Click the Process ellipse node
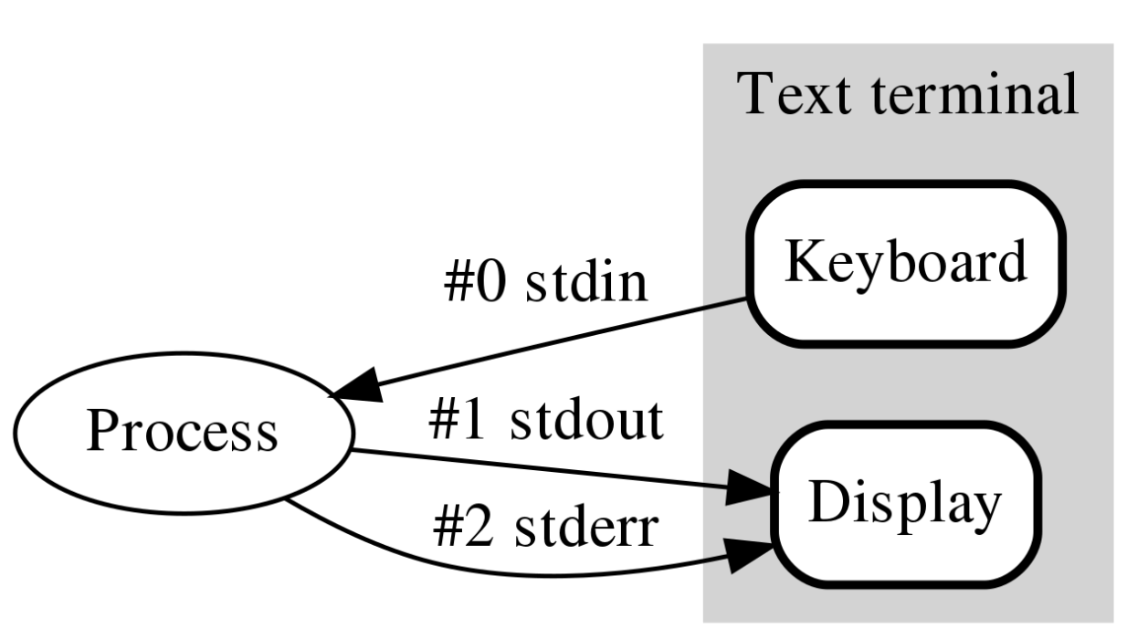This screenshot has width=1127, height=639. coord(182,432)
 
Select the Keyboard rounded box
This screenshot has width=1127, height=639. coord(905,263)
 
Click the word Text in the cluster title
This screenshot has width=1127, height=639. coord(781,94)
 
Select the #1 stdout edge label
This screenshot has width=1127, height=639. coord(545,422)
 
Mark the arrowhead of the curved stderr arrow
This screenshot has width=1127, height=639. coord(753,553)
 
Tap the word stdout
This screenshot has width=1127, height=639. coord(586,422)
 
